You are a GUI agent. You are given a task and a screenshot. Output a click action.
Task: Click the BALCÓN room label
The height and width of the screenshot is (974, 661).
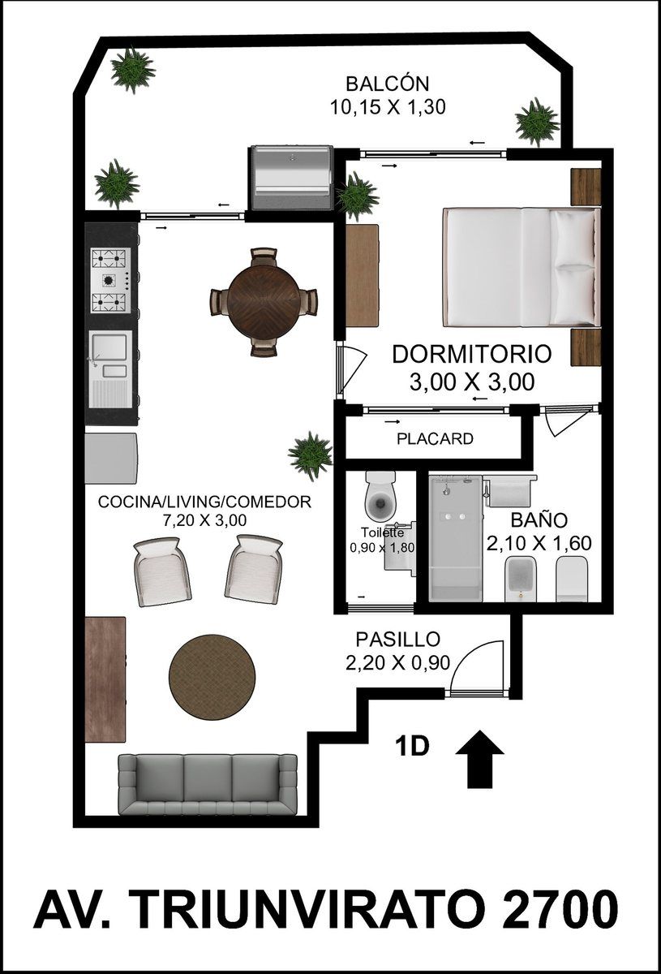click(x=387, y=84)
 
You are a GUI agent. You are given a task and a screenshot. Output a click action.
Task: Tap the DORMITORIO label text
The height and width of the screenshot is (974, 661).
click(x=471, y=354)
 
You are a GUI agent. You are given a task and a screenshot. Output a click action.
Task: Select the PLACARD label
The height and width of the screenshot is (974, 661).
click(x=435, y=439)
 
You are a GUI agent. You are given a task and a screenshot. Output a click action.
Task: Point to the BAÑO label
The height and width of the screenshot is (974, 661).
click(x=539, y=519)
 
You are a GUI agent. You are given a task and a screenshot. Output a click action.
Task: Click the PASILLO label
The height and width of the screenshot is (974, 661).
click(x=397, y=640)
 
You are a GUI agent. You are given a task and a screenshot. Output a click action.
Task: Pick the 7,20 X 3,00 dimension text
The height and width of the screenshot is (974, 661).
click(x=204, y=520)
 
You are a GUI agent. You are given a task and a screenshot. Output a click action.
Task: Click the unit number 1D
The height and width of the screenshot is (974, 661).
click(x=411, y=747)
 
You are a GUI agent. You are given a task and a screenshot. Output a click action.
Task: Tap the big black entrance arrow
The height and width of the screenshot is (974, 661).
click(x=479, y=759)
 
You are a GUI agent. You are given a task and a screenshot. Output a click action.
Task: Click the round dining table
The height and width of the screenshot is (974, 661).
click(x=264, y=301)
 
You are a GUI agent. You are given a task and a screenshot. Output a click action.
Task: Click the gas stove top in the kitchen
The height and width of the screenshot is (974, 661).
click(x=110, y=280)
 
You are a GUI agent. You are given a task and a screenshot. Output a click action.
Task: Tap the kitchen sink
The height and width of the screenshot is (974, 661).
click(x=110, y=369)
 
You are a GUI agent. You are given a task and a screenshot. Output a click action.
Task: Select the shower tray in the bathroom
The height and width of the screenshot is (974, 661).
click(x=456, y=538)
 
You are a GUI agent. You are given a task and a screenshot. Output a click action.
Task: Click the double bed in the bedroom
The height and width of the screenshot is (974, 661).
click(x=521, y=267)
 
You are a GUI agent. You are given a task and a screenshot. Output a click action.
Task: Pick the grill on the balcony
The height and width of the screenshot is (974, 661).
click(x=290, y=179)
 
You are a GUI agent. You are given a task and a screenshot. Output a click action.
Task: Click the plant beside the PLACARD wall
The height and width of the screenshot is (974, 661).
click(x=311, y=455)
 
